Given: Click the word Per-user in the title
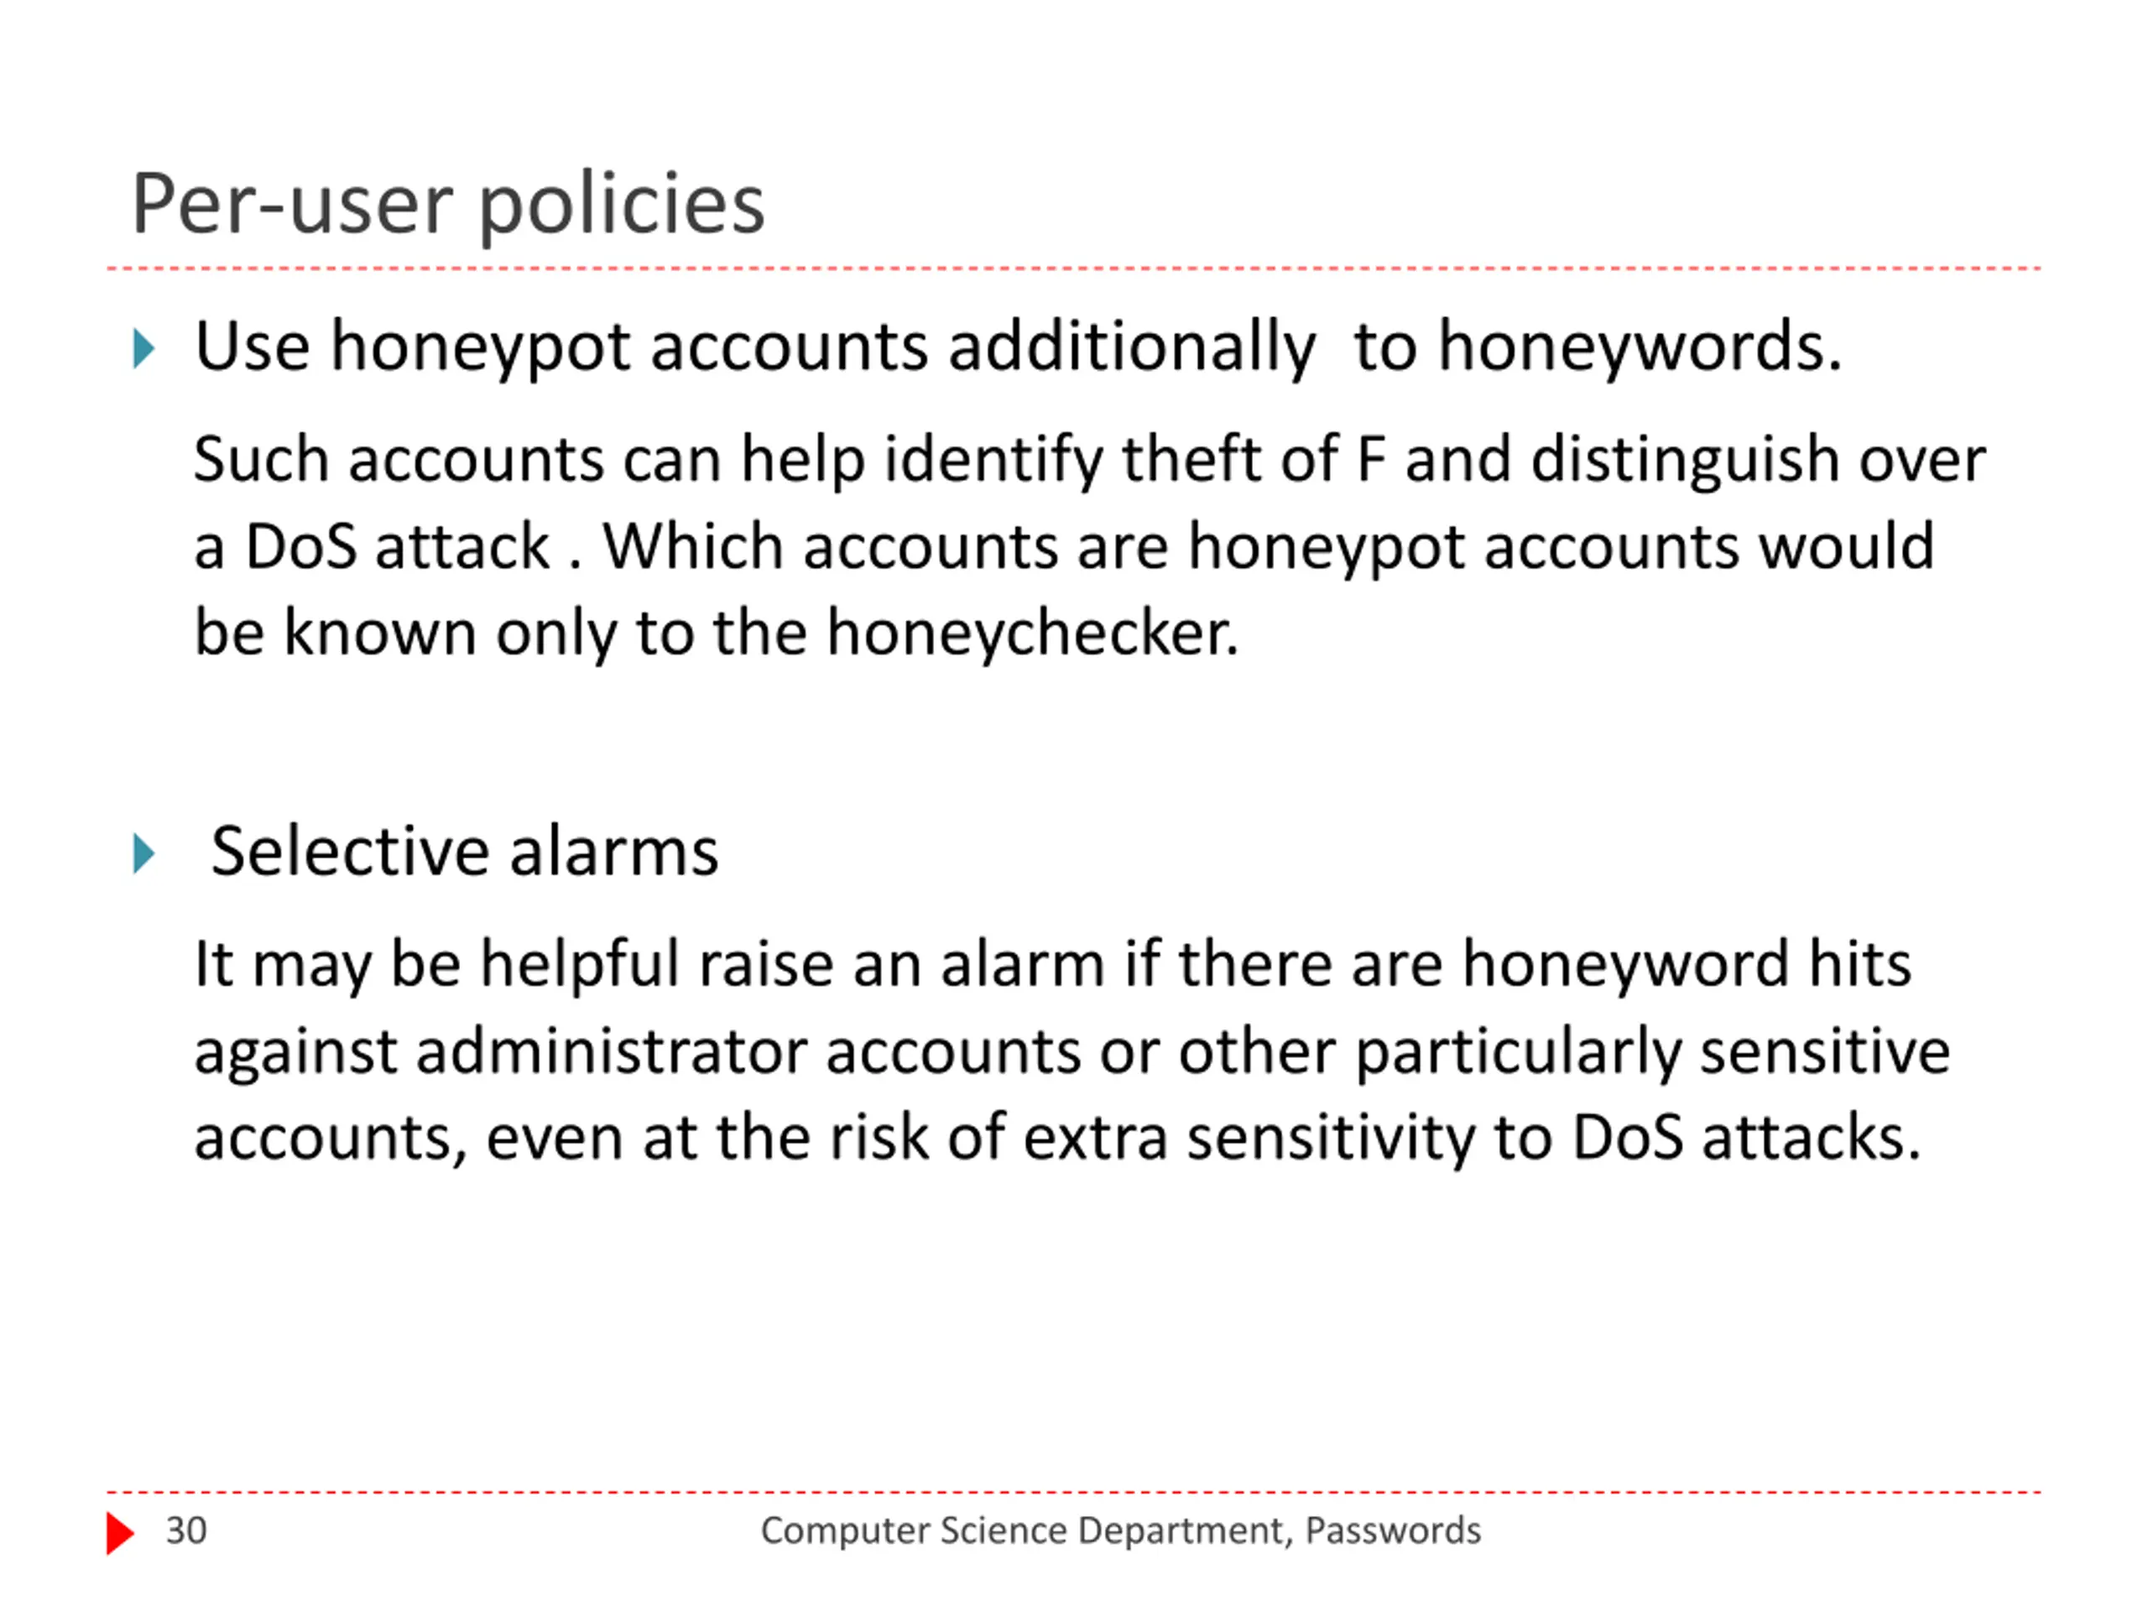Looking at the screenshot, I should click(291, 205).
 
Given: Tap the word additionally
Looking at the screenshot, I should click(1131, 347).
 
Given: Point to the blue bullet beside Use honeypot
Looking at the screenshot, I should click(143, 348).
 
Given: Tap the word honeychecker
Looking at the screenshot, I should click(1032, 633).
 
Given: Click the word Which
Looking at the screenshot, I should click(691, 547).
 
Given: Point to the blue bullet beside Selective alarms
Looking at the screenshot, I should click(143, 853).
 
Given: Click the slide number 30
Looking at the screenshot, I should click(185, 1530).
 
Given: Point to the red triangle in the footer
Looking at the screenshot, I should click(119, 1533).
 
